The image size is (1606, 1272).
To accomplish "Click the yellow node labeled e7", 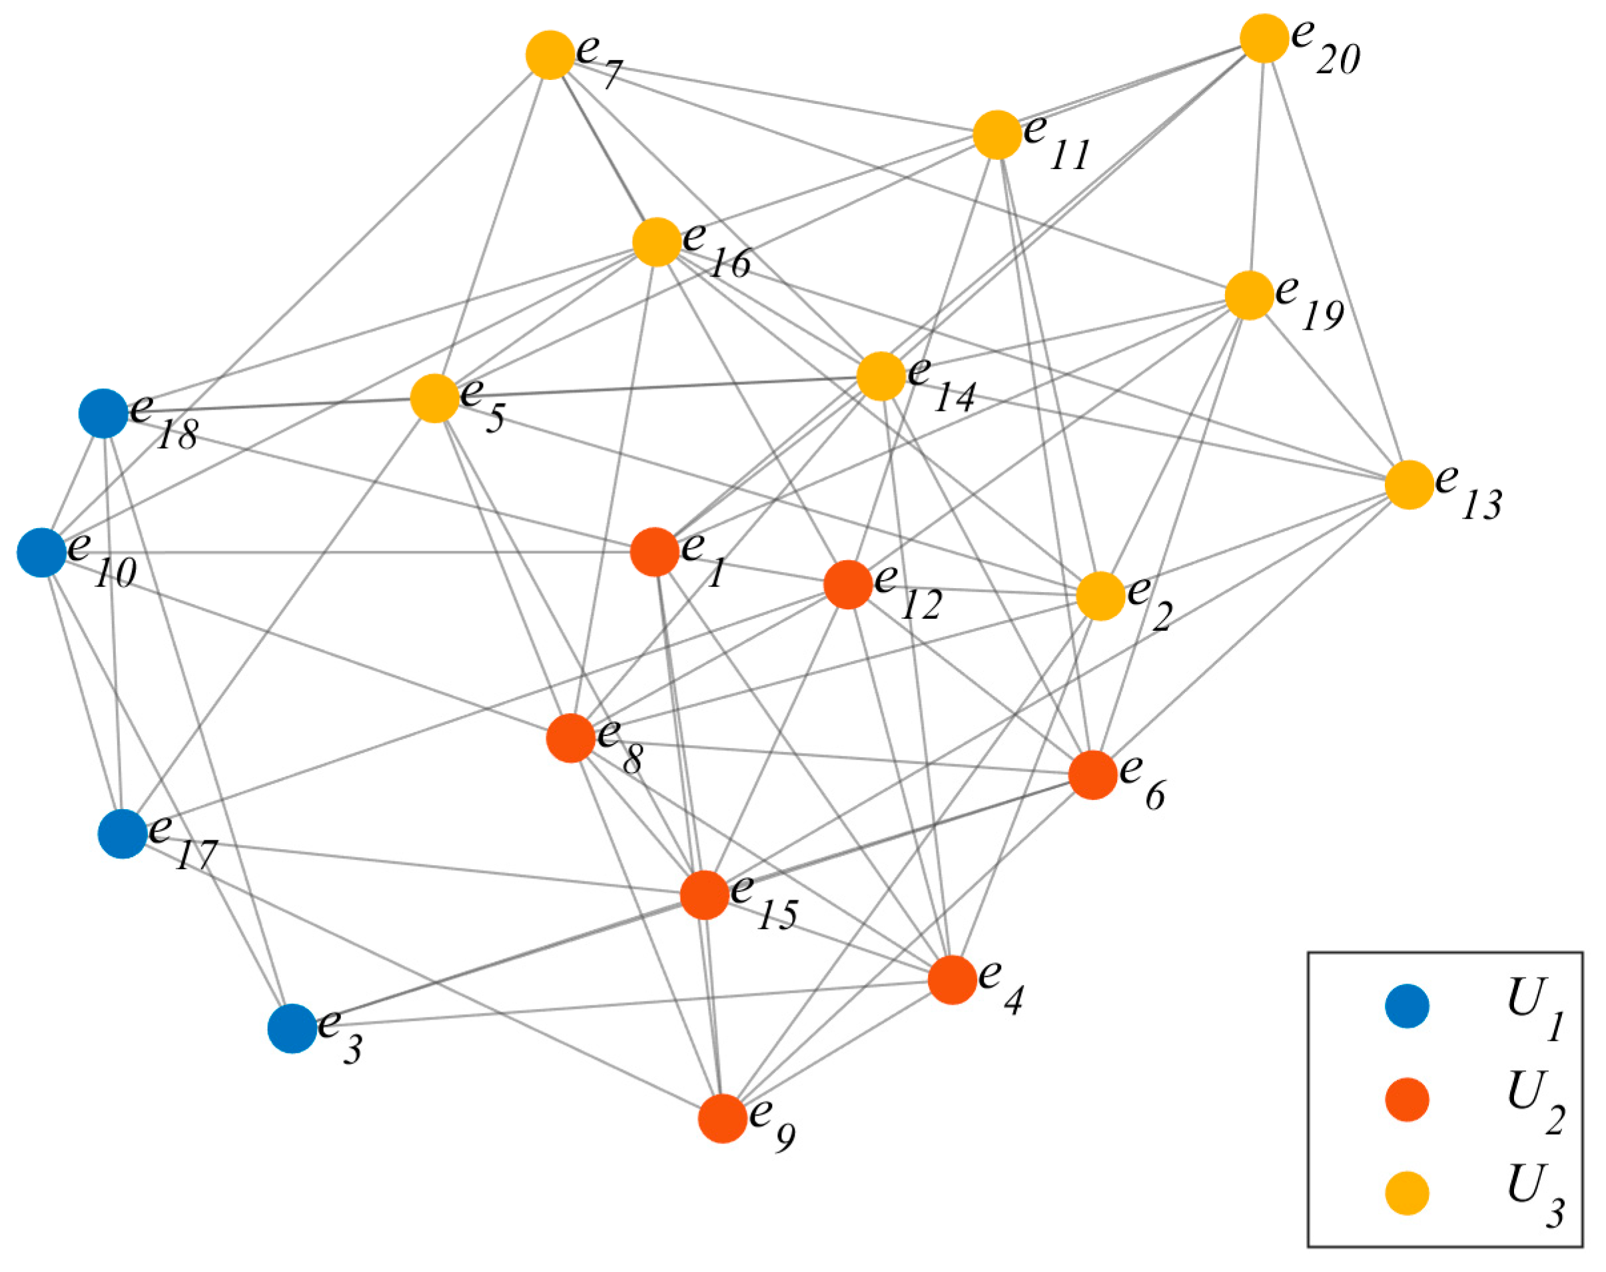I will (550, 55).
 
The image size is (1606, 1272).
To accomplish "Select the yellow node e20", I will (1264, 38).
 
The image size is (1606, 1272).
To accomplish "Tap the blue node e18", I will (103, 414).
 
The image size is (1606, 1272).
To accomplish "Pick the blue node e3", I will (292, 1028).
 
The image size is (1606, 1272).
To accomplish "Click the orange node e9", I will (723, 1119).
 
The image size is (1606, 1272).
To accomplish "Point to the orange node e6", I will (1093, 775).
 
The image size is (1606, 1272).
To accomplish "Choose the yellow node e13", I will (1409, 485).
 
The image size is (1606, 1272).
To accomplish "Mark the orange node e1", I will (655, 552).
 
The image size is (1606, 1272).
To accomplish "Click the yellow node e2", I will (1101, 596).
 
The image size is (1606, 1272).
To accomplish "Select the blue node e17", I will (123, 834).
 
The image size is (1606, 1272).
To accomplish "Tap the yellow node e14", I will (881, 377).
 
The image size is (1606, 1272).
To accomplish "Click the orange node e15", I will (705, 894).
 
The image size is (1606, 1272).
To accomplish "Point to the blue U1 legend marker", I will (1407, 1006).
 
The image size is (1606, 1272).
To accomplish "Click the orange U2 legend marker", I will (1407, 1100).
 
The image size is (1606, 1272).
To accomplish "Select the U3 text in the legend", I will (1535, 1194).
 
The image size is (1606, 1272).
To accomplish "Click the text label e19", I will (1310, 302).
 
